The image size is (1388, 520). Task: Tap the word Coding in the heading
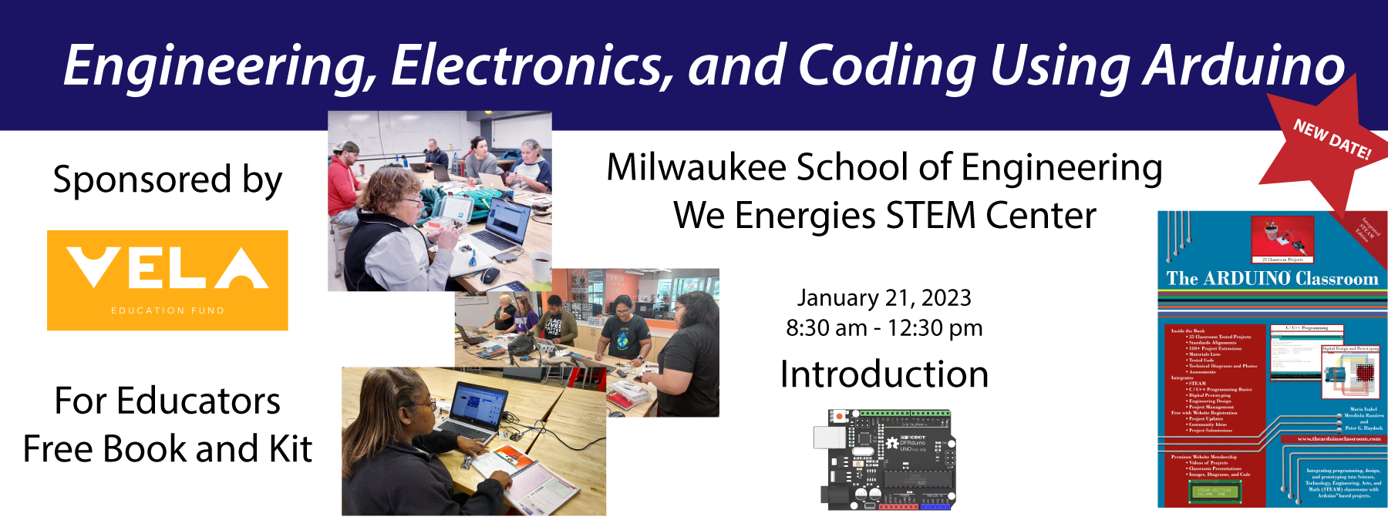click(x=887, y=66)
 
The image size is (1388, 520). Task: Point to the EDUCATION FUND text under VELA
click(x=167, y=310)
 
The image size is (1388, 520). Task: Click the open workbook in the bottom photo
click(x=524, y=478)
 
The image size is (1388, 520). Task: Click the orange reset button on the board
click(x=839, y=417)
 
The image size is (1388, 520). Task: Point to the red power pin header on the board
click(x=898, y=507)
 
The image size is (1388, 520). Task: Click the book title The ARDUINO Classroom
click(x=1272, y=279)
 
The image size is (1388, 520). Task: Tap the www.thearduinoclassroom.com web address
click(x=1339, y=439)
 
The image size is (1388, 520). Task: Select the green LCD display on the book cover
click(x=1214, y=491)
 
